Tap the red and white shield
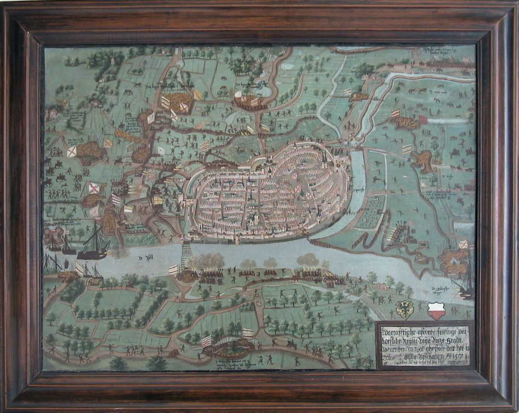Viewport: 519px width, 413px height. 437,310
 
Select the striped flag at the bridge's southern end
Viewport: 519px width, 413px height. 173,269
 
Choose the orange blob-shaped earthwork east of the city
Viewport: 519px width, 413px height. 422,160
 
